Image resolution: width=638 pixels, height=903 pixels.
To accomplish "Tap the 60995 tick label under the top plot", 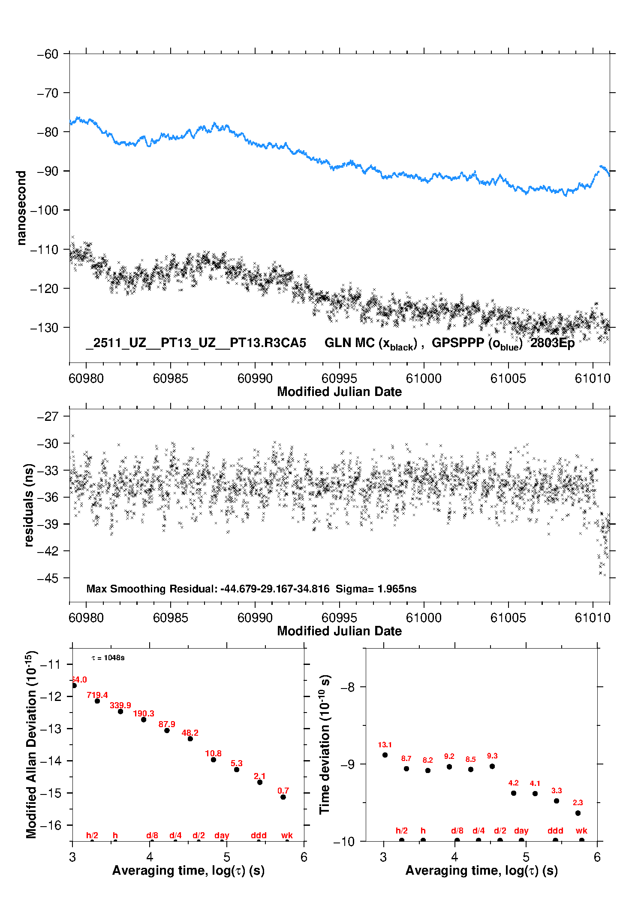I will [339, 378].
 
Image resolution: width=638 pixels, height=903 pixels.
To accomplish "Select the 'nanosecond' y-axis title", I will [21, 208].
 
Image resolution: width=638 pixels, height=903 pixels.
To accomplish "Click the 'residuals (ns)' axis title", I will [29, 505].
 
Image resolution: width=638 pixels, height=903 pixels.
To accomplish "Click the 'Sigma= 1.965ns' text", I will [376, 589].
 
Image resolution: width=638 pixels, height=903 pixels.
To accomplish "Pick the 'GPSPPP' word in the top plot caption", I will [458, 343].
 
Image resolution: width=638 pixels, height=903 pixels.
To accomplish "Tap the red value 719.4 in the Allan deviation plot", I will [97, 695].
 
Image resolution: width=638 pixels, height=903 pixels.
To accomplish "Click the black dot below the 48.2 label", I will [190, 739].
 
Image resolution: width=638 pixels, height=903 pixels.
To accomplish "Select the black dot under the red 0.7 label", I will [283, 797].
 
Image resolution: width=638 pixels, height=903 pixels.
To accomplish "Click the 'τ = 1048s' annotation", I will [108, 658].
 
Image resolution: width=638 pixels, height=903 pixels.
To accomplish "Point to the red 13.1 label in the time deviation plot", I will [385, 745].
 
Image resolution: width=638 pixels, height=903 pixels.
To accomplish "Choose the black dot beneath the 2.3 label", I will [578, 813].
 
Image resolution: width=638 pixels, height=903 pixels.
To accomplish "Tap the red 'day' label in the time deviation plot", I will [521, 831].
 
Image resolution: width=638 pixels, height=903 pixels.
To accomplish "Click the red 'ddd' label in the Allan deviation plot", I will [259, 835].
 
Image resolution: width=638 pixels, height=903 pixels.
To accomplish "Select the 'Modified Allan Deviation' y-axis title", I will [31, 744].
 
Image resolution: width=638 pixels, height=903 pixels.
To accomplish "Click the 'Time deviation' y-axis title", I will [325, 745].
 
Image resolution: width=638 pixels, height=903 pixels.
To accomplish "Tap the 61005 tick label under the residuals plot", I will [508, 618].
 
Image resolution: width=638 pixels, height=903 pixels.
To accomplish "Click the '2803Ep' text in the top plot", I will [552, 343].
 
